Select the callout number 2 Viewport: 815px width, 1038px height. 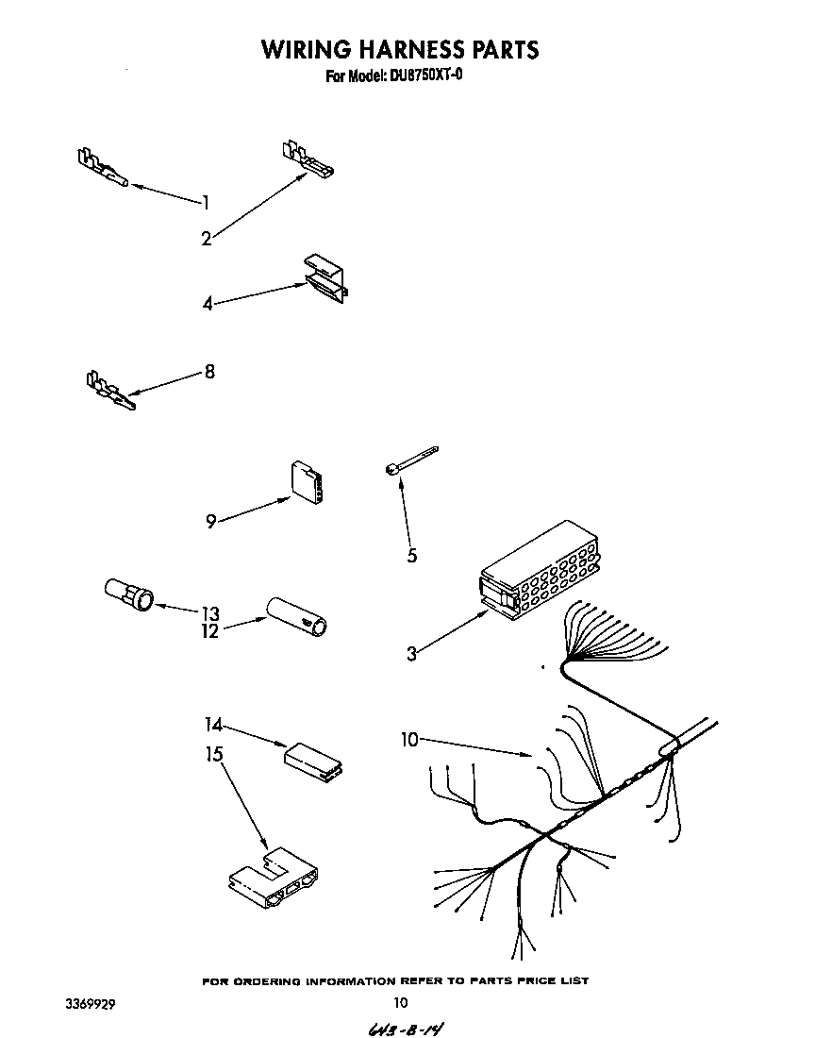pos(207,239)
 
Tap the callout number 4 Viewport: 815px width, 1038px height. pos(208,304)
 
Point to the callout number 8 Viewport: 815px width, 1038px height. pos(209,372)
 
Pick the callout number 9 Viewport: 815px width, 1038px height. pos(211,521)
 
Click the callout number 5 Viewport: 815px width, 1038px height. pos(412,556)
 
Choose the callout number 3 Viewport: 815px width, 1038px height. pos(412,653)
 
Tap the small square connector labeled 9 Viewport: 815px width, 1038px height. pos(308,481)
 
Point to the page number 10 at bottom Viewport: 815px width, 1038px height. pos(400,1003)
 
